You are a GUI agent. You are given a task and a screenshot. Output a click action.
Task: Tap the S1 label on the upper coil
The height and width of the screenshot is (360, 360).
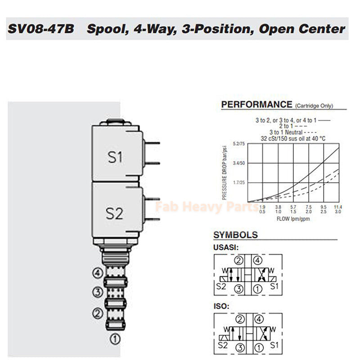pos(115,157)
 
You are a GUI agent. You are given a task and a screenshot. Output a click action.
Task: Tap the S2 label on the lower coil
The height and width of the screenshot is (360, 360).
pos(114,213)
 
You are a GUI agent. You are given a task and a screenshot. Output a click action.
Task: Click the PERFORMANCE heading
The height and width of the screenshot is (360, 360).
pos(256,105)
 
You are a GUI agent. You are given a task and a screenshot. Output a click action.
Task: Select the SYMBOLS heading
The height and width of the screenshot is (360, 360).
pos(235,235)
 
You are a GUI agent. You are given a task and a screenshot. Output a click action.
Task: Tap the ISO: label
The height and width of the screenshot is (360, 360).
pos(221,307)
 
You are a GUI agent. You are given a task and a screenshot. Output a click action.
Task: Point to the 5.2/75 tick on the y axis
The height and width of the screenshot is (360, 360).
pos(238,144)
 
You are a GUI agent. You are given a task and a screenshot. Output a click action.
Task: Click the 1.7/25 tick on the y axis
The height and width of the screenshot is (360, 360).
pos(238,183)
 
